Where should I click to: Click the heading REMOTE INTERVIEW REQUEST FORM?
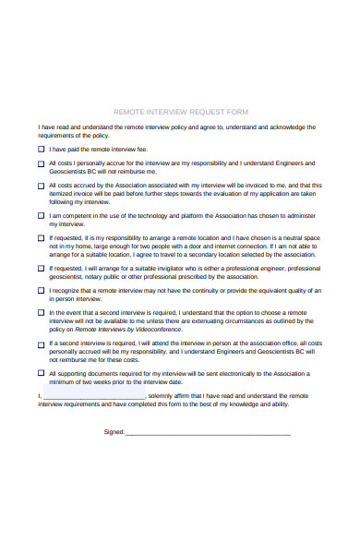(180, 111)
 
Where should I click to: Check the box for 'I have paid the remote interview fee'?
(41, 148)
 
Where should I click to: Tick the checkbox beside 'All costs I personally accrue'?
(41, 163)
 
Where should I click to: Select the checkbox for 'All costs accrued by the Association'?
(41, 186)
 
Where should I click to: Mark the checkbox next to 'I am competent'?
(41, 216)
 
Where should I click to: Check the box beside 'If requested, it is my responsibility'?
(41, 238)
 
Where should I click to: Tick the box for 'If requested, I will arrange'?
(41, 269)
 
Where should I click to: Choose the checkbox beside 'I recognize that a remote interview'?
(41, 291)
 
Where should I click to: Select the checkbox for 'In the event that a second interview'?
(41, 313)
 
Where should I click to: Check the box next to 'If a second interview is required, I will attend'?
(41, 343)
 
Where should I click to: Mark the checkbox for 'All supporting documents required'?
(41, 374)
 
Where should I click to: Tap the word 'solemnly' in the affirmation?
(165, 395)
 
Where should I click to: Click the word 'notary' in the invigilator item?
(97, 276)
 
